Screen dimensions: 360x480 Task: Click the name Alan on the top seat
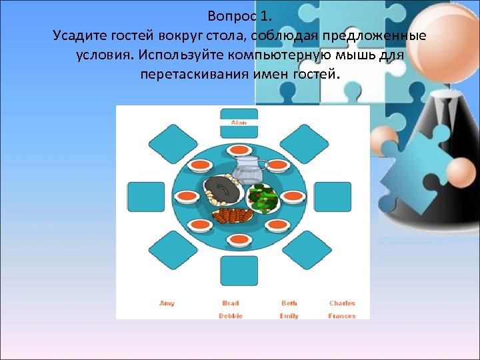(x=239, y=123)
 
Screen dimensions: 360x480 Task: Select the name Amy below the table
(x=167, y=303)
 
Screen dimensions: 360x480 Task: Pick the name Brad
(x=231, y=303)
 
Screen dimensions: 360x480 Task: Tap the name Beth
(x=289, y=303)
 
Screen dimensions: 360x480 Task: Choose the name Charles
(x=342, y=303)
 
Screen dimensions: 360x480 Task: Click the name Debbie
(x=231, y=316)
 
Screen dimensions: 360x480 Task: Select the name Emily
(x=289, y=316)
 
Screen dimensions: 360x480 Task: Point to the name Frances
(x=342, y=316)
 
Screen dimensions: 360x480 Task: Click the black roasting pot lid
(x=222, y=190)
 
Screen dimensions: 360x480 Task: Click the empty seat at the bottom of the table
(x=239, y=270)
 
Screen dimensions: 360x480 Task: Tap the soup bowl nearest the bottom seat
(x=239, y=239)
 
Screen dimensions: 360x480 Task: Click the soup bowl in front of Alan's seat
(x=239, y=151)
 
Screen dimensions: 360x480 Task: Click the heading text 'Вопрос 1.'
(x=239, y=15)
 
